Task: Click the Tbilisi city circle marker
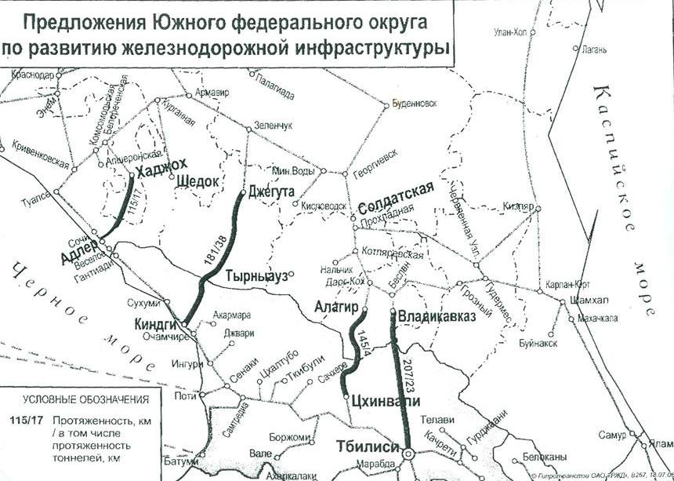[408, 454]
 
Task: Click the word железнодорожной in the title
[217, 48]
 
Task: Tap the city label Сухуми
[143, 303]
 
